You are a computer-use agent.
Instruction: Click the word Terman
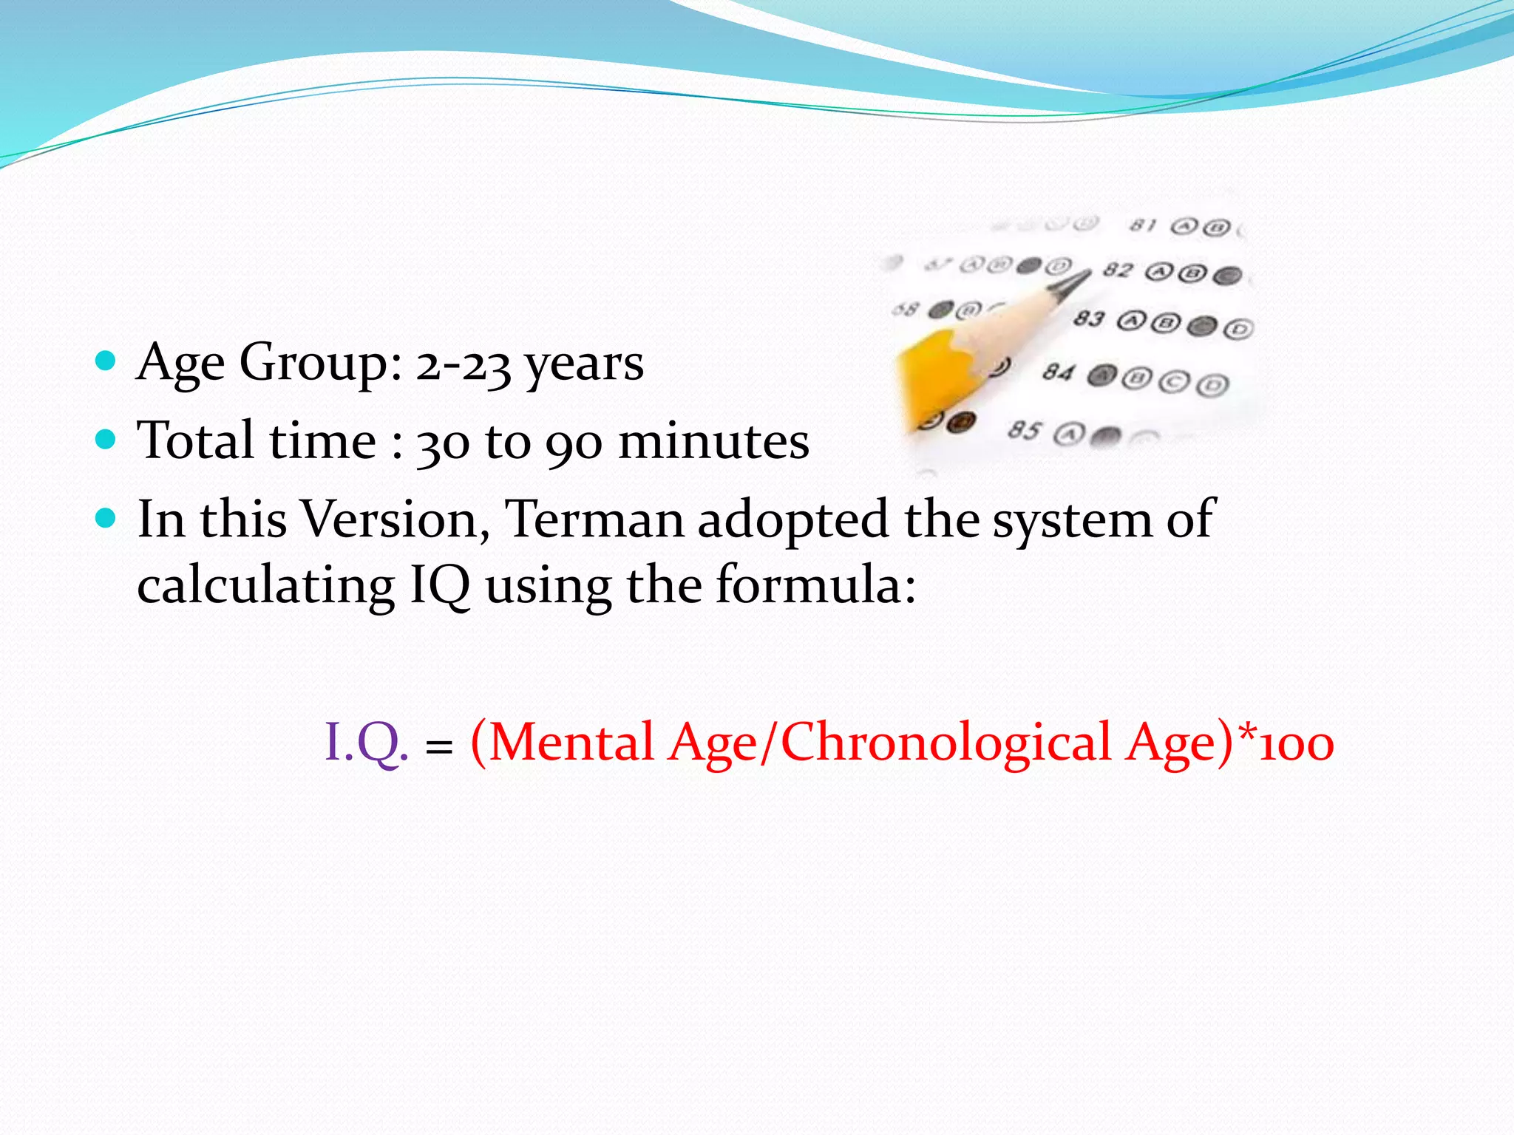coord(594,519)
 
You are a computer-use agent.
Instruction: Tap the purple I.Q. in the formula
coord(366,743)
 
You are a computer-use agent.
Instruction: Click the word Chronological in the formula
coord(946,743)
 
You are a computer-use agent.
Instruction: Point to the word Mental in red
coord(571,743)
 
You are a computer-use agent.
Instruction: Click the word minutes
coord(713,442)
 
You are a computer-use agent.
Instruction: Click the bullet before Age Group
coord(106,361)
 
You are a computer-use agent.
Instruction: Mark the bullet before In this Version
coord(106,519)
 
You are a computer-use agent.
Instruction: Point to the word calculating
coord(265,586)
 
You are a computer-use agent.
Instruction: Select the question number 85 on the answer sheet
coord(1025,429)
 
